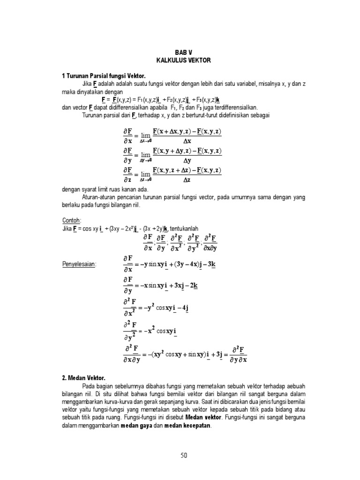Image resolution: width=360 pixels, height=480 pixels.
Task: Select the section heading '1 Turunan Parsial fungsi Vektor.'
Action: click(x=104, y=76)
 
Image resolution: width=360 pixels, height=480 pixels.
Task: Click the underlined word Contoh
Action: click(x=71, y=220)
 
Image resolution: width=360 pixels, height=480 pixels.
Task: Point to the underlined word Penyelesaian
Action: click(x=80, y=264)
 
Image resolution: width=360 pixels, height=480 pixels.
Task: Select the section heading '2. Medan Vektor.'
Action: click(x=84, y=377)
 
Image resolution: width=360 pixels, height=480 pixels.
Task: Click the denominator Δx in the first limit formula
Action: click(x=187, y=141)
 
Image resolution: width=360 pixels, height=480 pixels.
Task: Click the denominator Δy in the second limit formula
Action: click(x=187, y=160)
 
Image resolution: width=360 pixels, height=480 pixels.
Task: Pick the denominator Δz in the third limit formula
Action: click(x=187, y=179)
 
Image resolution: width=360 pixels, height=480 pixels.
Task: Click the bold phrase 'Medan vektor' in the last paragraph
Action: click(x=204, y=418)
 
